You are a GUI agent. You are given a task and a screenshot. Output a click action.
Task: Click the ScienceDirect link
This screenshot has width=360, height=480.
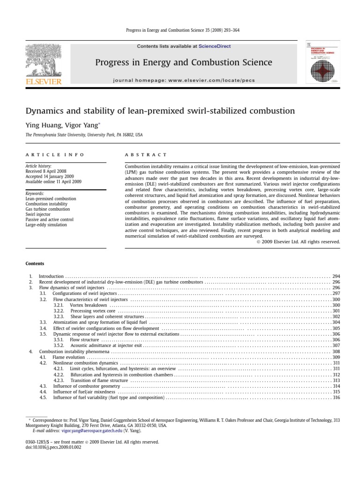[215, 46]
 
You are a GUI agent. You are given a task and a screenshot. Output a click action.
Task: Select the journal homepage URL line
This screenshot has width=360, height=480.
[184, 80]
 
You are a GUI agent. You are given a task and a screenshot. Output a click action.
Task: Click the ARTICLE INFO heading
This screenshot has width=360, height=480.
[55, 154]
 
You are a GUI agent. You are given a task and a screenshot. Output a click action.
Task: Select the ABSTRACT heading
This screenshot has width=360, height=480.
[146, 154]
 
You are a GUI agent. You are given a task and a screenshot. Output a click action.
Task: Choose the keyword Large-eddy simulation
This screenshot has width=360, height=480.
[46, 225]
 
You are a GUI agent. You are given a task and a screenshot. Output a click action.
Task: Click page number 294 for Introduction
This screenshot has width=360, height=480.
[336, 277]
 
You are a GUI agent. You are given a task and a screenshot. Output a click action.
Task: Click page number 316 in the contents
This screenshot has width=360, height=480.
[336, 398]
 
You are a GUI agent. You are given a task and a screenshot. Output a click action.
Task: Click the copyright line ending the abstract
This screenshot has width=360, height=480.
[299, 242]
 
